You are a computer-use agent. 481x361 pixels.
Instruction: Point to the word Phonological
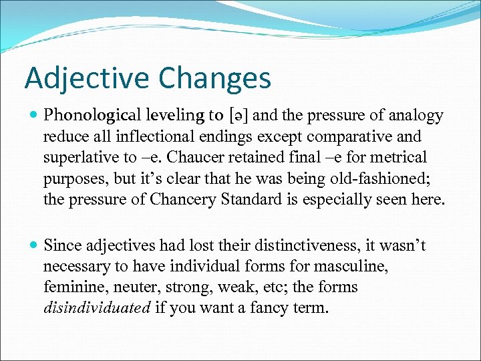click(90, 116)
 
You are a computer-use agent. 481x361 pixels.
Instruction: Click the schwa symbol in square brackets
click(237, 116)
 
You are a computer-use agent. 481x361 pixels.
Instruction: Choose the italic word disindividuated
click(97, 308)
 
